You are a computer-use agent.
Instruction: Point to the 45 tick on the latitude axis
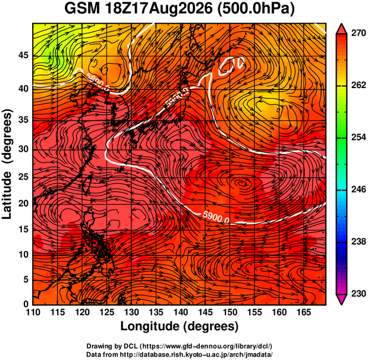[x=23, y=56]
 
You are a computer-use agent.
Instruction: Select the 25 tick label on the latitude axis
[x=23, y=177]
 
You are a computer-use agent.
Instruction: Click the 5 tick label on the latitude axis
[x=26, y=280]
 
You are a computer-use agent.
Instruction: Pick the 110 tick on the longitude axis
[x=33, y=312]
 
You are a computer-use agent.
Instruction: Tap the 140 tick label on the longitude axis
[x=181, y=312]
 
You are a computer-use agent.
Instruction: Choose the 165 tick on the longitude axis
[x=304, y=312]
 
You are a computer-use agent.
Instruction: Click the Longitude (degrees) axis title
[x=180, y=327]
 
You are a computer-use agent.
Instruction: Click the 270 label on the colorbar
[x=358, y=33]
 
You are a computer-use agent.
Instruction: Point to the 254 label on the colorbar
[x=358, y=137]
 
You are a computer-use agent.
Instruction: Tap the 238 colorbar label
[x=358, y=242]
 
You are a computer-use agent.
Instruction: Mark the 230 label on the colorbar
[x=358, y=293]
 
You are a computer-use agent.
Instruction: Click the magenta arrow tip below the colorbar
[x=342, y=305]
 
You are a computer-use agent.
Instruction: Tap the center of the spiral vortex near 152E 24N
[x=241, y=183]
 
